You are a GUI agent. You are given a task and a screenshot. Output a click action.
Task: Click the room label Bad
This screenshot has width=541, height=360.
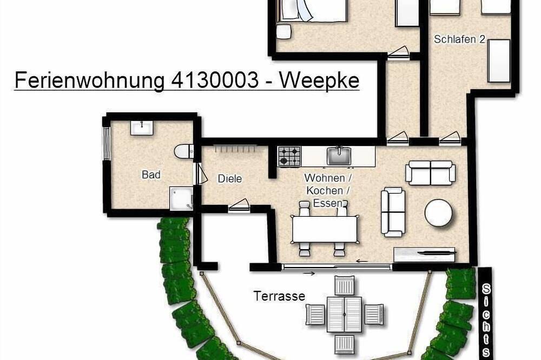pyautogui.click(x=151, y=175)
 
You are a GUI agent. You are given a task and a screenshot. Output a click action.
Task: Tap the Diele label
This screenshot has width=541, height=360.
pyautogui.click(x=229, y=178)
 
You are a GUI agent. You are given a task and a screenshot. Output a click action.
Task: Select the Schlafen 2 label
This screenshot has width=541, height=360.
pyautogui.click(x=459, y=39)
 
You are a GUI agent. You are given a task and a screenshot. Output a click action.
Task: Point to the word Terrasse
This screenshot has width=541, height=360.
pyautogui.click(x=279, y=296)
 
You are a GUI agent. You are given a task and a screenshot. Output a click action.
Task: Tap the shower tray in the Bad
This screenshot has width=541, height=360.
pyautogui.click(x=181, y=198)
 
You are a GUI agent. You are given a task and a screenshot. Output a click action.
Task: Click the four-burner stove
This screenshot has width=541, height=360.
pyautogui.click(x=289, y=156)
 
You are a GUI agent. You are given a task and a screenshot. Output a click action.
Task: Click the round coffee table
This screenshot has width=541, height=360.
pyautogui.click(x=438, y=212)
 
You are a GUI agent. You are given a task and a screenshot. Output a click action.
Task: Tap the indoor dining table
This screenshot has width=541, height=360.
pyautogui.click(x=325, y=229)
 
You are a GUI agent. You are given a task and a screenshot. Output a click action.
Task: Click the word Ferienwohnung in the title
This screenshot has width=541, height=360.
pyautogui.click(x=88, y=80)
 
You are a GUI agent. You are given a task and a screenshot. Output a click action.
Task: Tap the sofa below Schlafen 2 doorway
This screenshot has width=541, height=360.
pyautogui.click(x=431, y=172)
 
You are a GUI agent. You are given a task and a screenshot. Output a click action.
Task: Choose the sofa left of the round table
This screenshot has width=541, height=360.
pyautogui.click(x=393, y=211)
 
